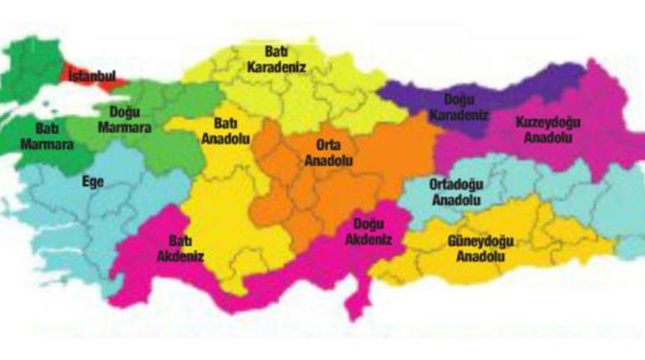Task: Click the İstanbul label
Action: tap(91, 76)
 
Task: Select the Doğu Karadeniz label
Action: tap(459, 107)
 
